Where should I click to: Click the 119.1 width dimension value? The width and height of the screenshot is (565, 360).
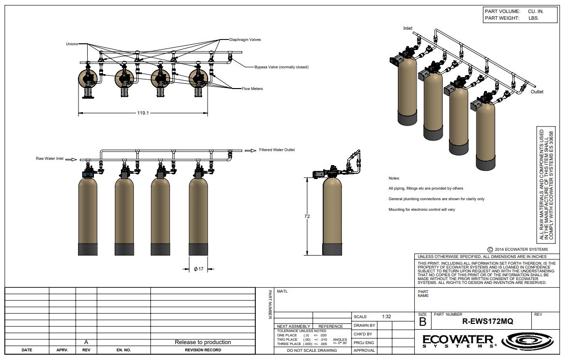[x=143, y=113]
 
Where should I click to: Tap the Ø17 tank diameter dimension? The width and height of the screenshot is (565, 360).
[x=198, y=269]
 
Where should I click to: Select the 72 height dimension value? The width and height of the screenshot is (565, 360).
[x=307, y=217]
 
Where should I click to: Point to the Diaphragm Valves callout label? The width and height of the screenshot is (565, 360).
[x=245, y=39]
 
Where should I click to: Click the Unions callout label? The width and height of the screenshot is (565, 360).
[x=72, y=44]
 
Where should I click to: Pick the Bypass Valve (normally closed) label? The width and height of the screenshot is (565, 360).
[x=281, y=67]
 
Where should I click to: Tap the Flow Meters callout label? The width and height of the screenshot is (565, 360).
[x=252, y=89]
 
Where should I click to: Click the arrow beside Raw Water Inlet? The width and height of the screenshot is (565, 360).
[x=71, y=159]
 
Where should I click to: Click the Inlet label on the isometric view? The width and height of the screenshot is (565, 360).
[x=408, y=28]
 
